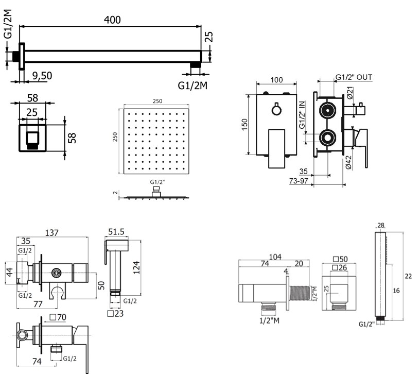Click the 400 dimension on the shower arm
pos(112,20)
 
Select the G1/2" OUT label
pos(353,77)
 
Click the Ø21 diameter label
pos(348,93)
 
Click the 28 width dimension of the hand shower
pos(381,225)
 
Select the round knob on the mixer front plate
pos(277,109)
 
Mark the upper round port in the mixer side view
pos(326,110)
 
